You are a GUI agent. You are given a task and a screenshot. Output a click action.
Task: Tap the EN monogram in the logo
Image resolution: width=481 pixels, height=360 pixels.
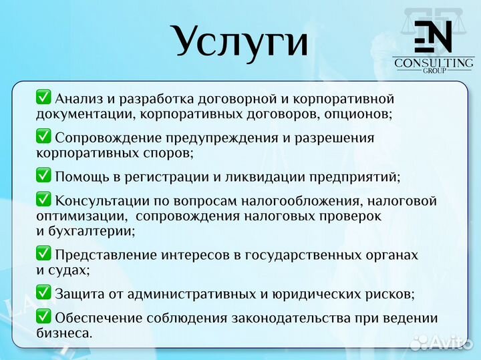click(433, 37)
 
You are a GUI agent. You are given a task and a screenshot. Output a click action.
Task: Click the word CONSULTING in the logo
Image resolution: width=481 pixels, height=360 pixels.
click(434, 63)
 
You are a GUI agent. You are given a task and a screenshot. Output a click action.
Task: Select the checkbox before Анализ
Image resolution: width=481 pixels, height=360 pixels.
click(43, 98)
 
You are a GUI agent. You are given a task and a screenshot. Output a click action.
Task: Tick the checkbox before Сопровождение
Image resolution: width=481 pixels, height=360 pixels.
click(43, 137)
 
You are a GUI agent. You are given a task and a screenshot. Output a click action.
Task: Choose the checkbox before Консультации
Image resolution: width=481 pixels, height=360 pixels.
click(43, 200)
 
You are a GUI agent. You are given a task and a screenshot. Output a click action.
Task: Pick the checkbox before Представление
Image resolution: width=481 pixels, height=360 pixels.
click(43, 254)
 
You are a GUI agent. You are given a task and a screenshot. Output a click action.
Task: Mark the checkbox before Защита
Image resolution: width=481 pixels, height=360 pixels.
click(43, 293)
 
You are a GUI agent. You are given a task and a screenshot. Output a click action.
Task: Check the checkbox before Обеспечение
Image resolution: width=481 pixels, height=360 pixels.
click(43, 317)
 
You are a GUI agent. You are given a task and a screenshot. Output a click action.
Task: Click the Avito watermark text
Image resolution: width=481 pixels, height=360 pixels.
click(448, 343)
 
